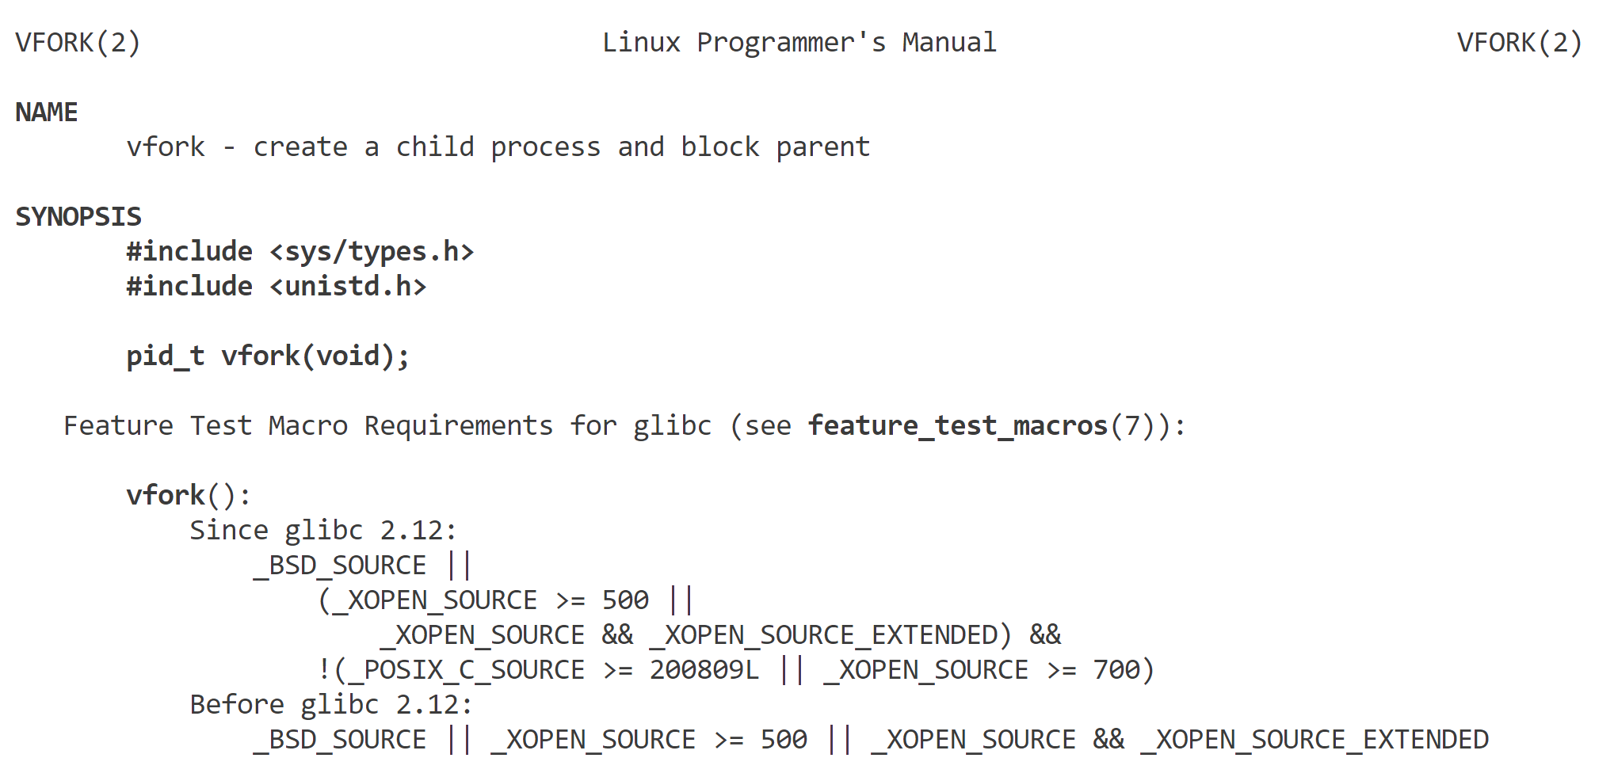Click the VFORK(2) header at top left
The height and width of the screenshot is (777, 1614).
78,42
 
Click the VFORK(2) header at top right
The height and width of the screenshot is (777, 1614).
1519,42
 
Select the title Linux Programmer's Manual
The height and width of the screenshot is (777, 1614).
799,42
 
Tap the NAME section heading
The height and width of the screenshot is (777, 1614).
47,112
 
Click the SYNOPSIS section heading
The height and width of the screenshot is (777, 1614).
78,216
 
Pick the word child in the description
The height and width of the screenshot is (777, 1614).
434,147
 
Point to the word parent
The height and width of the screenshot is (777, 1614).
822,147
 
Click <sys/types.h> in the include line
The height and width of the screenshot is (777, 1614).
372,252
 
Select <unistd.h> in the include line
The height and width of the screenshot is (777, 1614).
348,287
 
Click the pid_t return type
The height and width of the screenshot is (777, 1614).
166,356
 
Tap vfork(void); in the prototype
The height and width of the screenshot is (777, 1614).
315,356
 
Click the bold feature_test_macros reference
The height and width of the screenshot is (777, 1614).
957,426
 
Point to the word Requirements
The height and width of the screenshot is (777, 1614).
458,426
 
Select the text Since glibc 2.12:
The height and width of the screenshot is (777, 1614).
323,531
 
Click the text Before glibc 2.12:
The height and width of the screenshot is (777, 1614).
331,705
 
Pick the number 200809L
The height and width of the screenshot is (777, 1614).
704,670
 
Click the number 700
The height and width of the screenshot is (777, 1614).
1116,670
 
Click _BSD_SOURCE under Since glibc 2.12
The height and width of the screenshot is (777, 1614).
340,566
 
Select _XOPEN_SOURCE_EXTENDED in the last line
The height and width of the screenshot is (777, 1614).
1314,740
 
